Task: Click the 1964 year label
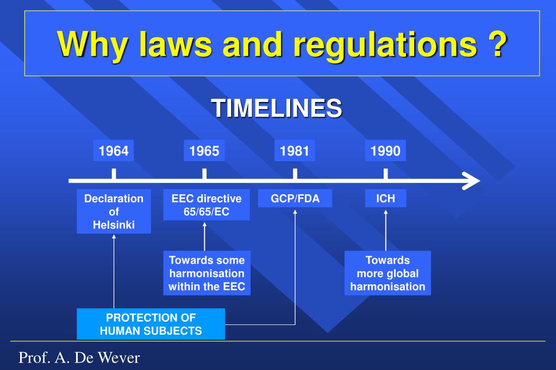(114, 151)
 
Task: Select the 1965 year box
(204, 151)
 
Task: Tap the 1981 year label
(295, 151)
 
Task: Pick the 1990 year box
(385, 151)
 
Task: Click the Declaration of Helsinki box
(114, 212)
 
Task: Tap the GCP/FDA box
(295, 199)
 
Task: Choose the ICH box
(385, 199)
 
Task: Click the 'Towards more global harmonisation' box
(388, 273)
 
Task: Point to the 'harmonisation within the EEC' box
(207, 273)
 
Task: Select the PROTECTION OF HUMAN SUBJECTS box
(151, 324)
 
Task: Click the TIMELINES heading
(277, 108)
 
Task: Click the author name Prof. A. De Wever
(79, 358)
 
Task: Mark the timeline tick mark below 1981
(295, 174)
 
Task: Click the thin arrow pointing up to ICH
(385, 230)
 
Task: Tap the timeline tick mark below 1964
(114, 174)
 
